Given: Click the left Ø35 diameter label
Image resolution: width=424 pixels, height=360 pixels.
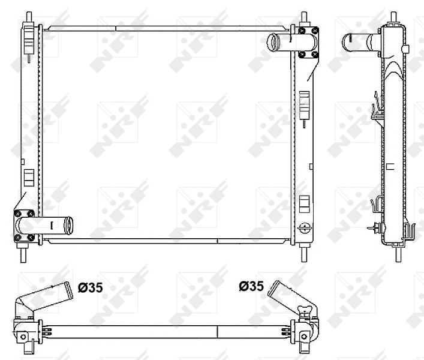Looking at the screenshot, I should pos(91,287).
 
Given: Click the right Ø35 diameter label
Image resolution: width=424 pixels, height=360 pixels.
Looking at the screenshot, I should pos(251,287).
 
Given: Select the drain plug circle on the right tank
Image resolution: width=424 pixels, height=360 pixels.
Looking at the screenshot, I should pos(304,227).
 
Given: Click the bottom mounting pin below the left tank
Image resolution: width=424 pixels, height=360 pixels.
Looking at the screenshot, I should pos(24,254).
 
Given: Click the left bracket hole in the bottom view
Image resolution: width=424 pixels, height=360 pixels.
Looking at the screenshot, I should pos(23,337).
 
